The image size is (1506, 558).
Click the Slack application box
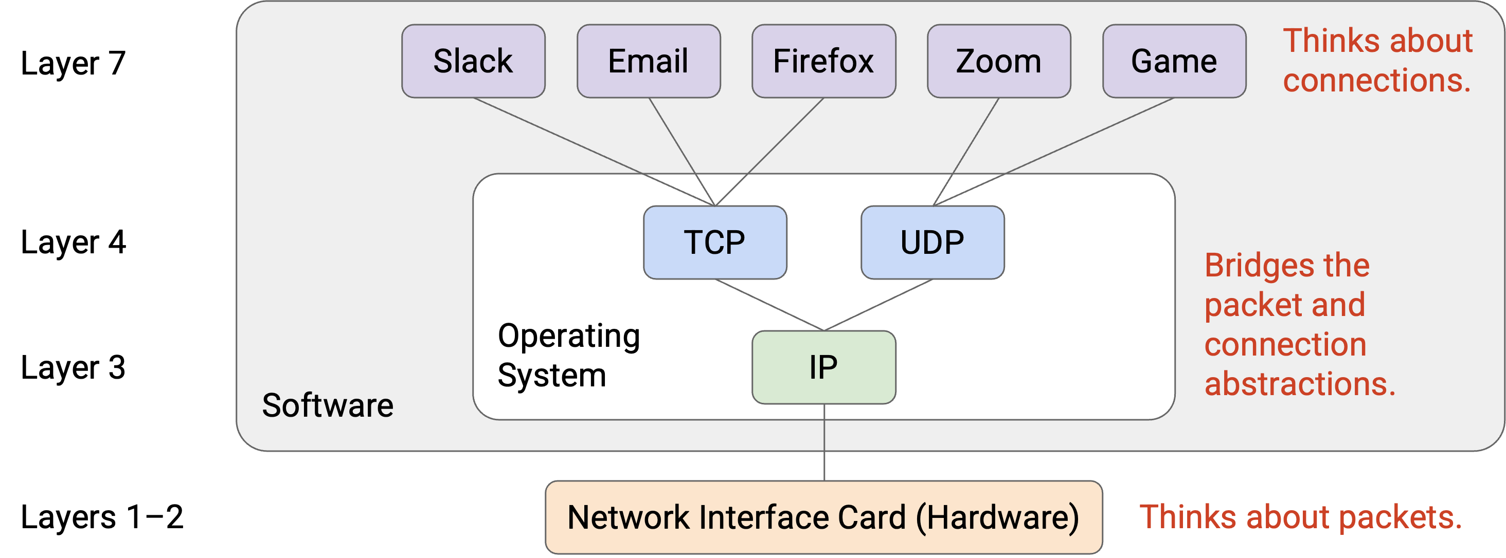(x=473, y=61)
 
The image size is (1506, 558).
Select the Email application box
(x=649, y=61)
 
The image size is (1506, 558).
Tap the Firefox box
(x=824, y=61)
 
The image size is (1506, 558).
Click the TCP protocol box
(x=715, y=243)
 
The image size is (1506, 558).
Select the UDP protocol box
(x=933, y=243)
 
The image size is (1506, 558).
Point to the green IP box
(x=824, y=367)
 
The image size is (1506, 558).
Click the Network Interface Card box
(x=824, y=517)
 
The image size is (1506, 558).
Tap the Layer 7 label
(x=73, y=63)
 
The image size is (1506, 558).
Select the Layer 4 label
(x=73, y=243)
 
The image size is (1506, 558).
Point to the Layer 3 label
(x=73, y=367)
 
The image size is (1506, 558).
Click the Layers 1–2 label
(x=102, y=517)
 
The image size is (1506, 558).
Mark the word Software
(x=328, y=405)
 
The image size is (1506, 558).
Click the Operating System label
(x=569, y=355)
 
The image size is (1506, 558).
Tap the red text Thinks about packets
(x=1301, y=517)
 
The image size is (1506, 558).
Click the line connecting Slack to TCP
(x=594, y=152)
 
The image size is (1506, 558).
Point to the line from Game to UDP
(x=1053, y=152)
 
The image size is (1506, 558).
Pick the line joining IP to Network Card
(x=824, y=442)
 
